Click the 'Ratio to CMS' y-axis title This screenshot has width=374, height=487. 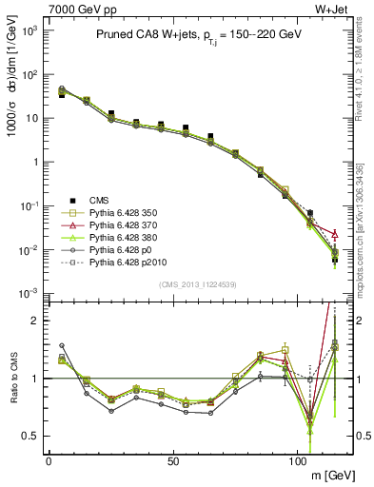coord(13,380)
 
